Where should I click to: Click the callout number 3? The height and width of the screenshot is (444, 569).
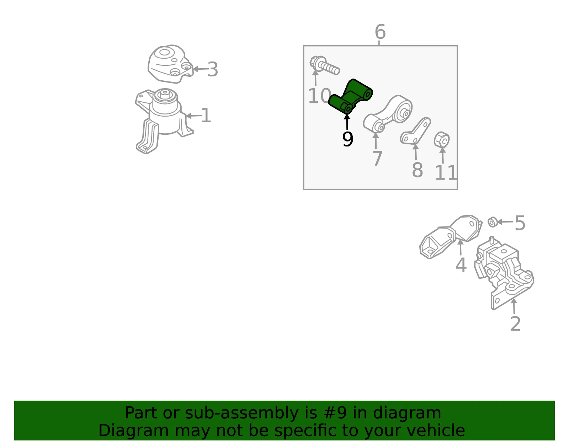pos(213,70)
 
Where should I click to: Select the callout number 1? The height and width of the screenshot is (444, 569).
pos(206,116)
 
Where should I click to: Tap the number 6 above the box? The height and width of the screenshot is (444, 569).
pos(380,32)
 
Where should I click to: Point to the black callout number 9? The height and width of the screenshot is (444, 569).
pos(348,139)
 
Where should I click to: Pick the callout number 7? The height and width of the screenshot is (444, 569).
pos(377,158)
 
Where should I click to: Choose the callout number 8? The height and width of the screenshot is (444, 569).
pos(418,170)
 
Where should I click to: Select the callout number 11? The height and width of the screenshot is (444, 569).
pos(446,173)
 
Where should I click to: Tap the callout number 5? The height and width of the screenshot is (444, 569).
pos(520,223)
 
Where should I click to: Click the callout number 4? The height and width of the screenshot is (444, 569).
pos(461,265)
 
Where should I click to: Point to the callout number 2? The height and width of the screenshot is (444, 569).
pos(515,324)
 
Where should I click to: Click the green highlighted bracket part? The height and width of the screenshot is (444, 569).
pos(350,97)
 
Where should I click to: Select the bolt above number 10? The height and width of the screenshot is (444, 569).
pos(324,65)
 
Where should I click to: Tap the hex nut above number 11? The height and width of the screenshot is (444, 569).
pos(441,140)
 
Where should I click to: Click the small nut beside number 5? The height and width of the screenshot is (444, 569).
pos(493,222)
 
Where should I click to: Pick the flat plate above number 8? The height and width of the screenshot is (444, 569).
pos(415,131)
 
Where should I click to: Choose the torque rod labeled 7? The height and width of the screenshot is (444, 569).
pos(388,114)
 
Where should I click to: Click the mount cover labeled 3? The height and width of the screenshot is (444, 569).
pos(170,64)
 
